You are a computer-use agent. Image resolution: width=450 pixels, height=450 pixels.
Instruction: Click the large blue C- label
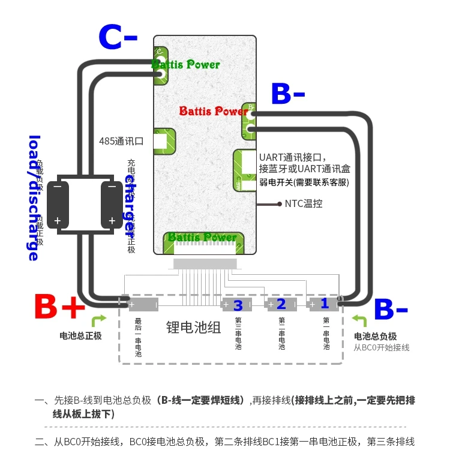point(118,38)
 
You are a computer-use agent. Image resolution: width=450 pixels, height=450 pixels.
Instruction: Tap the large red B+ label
point(59,308)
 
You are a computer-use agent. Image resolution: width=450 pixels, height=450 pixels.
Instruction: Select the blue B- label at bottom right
point(391,310)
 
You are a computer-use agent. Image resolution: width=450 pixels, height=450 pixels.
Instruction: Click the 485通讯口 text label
point(121,142)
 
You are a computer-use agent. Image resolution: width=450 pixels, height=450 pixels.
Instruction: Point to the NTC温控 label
point(304,203)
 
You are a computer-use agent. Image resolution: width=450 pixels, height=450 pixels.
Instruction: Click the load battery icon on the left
point(58,203)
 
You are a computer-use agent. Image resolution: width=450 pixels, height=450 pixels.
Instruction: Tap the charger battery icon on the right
point(112,203)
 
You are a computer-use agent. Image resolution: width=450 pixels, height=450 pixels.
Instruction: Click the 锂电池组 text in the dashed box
point(193,328)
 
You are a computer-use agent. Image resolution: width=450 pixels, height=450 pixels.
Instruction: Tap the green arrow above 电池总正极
point(99,320)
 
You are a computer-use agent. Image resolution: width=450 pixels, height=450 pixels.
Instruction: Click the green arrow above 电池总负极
point(359,320)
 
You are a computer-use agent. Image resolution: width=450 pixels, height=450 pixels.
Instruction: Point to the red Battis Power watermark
point(213,111)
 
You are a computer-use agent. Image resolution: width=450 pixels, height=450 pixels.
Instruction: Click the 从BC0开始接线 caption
point(381,347)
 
